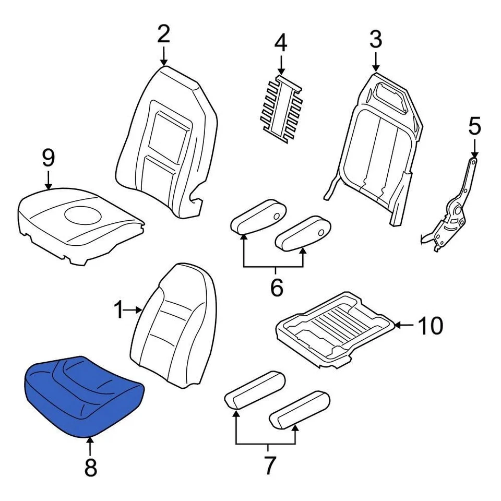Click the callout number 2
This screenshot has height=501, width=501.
[164, 34]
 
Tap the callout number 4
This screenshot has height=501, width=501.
[281, 43]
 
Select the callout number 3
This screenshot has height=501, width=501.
[376, 40]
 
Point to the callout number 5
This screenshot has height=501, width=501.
[474, 127]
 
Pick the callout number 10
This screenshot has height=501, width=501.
[430, 326]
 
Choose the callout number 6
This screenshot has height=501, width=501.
[276, 287]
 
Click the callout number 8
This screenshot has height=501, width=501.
[90, 468]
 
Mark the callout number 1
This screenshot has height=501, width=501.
[120, 311]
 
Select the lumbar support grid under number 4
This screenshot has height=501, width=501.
[282, 107]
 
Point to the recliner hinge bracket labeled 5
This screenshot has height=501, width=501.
[454, 214]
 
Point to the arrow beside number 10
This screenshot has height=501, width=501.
[403, 326]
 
